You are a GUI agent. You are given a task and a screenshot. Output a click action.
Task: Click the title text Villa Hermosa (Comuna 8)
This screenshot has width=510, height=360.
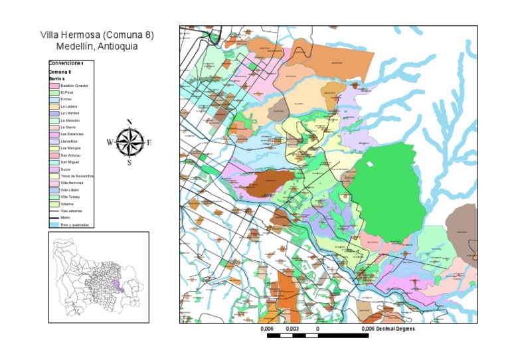click(x=97, y=35)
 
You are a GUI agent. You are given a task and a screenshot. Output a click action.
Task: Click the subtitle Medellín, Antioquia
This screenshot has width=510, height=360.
click(x=97, y=46)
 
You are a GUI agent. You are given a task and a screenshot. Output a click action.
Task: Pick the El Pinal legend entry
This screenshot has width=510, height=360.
click(x=66, y=92)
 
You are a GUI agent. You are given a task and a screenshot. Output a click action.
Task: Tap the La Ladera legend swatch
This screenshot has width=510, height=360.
click(x=54, y=106)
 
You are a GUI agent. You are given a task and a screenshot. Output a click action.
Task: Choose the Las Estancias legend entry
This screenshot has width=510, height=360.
click(x=71, y=134)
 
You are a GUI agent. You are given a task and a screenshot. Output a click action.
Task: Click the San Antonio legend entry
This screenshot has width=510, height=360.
click(x=70, y=155)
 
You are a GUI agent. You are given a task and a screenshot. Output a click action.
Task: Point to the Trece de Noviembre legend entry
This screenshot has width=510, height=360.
click(x=76, y=176)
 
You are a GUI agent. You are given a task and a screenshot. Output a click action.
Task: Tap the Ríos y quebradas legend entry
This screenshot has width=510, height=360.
click(x=74, y=225)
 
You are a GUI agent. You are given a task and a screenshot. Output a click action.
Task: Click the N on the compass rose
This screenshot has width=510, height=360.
click(x=129, y=122)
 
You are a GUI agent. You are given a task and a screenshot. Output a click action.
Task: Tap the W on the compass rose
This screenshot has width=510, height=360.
click(x=110, y=142)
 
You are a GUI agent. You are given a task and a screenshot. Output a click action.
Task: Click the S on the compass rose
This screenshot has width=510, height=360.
click(x=129, y=163)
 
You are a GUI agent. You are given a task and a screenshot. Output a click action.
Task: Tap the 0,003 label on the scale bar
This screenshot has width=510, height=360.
click(x=292, y=329)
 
